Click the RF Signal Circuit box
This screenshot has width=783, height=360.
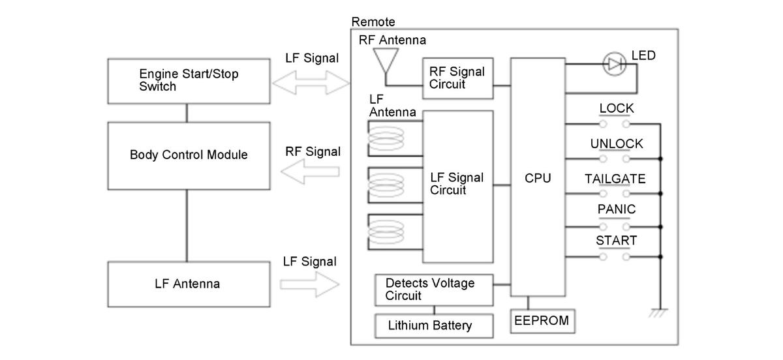(457, 78)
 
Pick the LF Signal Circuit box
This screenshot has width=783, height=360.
(457, 184)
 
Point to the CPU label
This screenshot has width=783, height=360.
(538, 177)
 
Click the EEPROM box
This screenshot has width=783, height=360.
(541, 320)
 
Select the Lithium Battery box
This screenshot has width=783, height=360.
(429, 325)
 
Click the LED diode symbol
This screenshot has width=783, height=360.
(615, 64)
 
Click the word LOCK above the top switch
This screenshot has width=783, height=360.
(616, 108)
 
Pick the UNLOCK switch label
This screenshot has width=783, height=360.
(616, 143)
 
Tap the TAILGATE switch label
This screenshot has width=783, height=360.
(615, 179)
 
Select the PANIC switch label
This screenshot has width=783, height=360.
(616, 210)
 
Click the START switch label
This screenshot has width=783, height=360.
(616, 241)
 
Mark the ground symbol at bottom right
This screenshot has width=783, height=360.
(660, 314)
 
